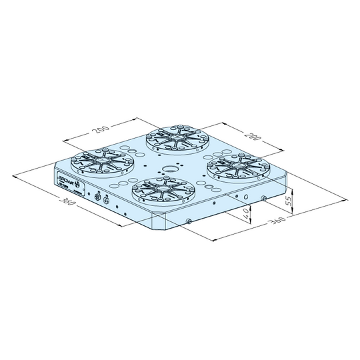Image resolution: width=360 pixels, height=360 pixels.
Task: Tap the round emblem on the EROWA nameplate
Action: [x=76, y=185]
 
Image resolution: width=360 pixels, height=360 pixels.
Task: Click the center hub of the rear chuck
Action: [x=177, y=139]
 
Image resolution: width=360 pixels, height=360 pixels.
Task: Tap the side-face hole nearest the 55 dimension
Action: [x=265, y=199]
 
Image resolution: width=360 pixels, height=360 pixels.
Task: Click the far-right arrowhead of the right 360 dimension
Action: [x=346, y=199]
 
